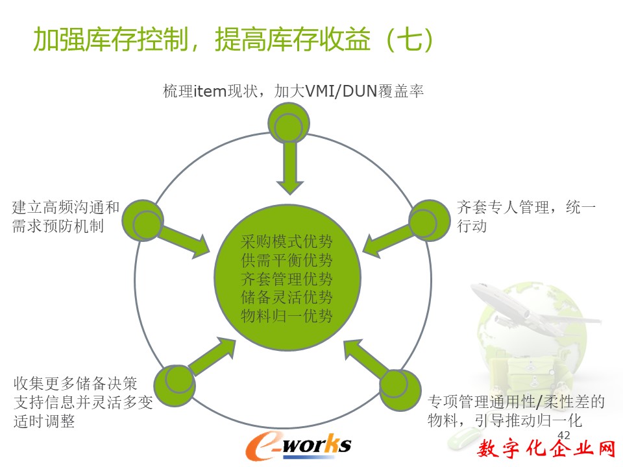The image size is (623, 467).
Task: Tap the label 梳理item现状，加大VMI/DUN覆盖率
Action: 293,91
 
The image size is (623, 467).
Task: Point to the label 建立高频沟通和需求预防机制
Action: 66,217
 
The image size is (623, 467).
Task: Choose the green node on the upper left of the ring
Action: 142,221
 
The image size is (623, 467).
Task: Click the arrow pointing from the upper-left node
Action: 185,242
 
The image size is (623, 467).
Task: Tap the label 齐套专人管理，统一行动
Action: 526,217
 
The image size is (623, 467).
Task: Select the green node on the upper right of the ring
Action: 430,221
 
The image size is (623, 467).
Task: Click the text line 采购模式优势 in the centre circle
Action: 286,241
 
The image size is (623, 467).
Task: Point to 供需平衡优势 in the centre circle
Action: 286,260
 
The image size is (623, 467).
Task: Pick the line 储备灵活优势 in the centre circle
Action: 286,297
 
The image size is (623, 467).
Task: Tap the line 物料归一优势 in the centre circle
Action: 286,316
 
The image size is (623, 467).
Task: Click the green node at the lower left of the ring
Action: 175,385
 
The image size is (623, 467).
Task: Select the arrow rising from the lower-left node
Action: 212,357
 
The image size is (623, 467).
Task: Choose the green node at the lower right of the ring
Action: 400,390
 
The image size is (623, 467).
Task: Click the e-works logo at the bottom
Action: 299,445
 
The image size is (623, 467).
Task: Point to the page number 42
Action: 564,435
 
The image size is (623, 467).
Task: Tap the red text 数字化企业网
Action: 546,448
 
